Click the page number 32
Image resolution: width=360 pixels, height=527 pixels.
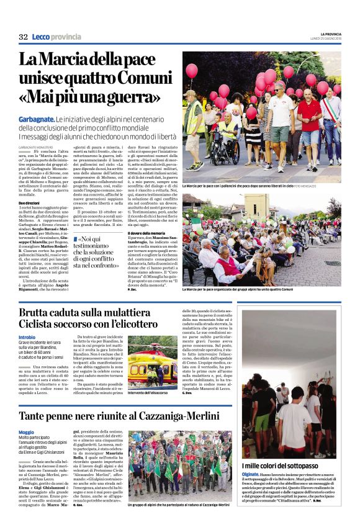click(23, 37)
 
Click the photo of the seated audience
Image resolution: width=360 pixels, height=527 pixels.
click(261, 238)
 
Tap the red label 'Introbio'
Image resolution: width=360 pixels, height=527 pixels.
click(27, 336)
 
